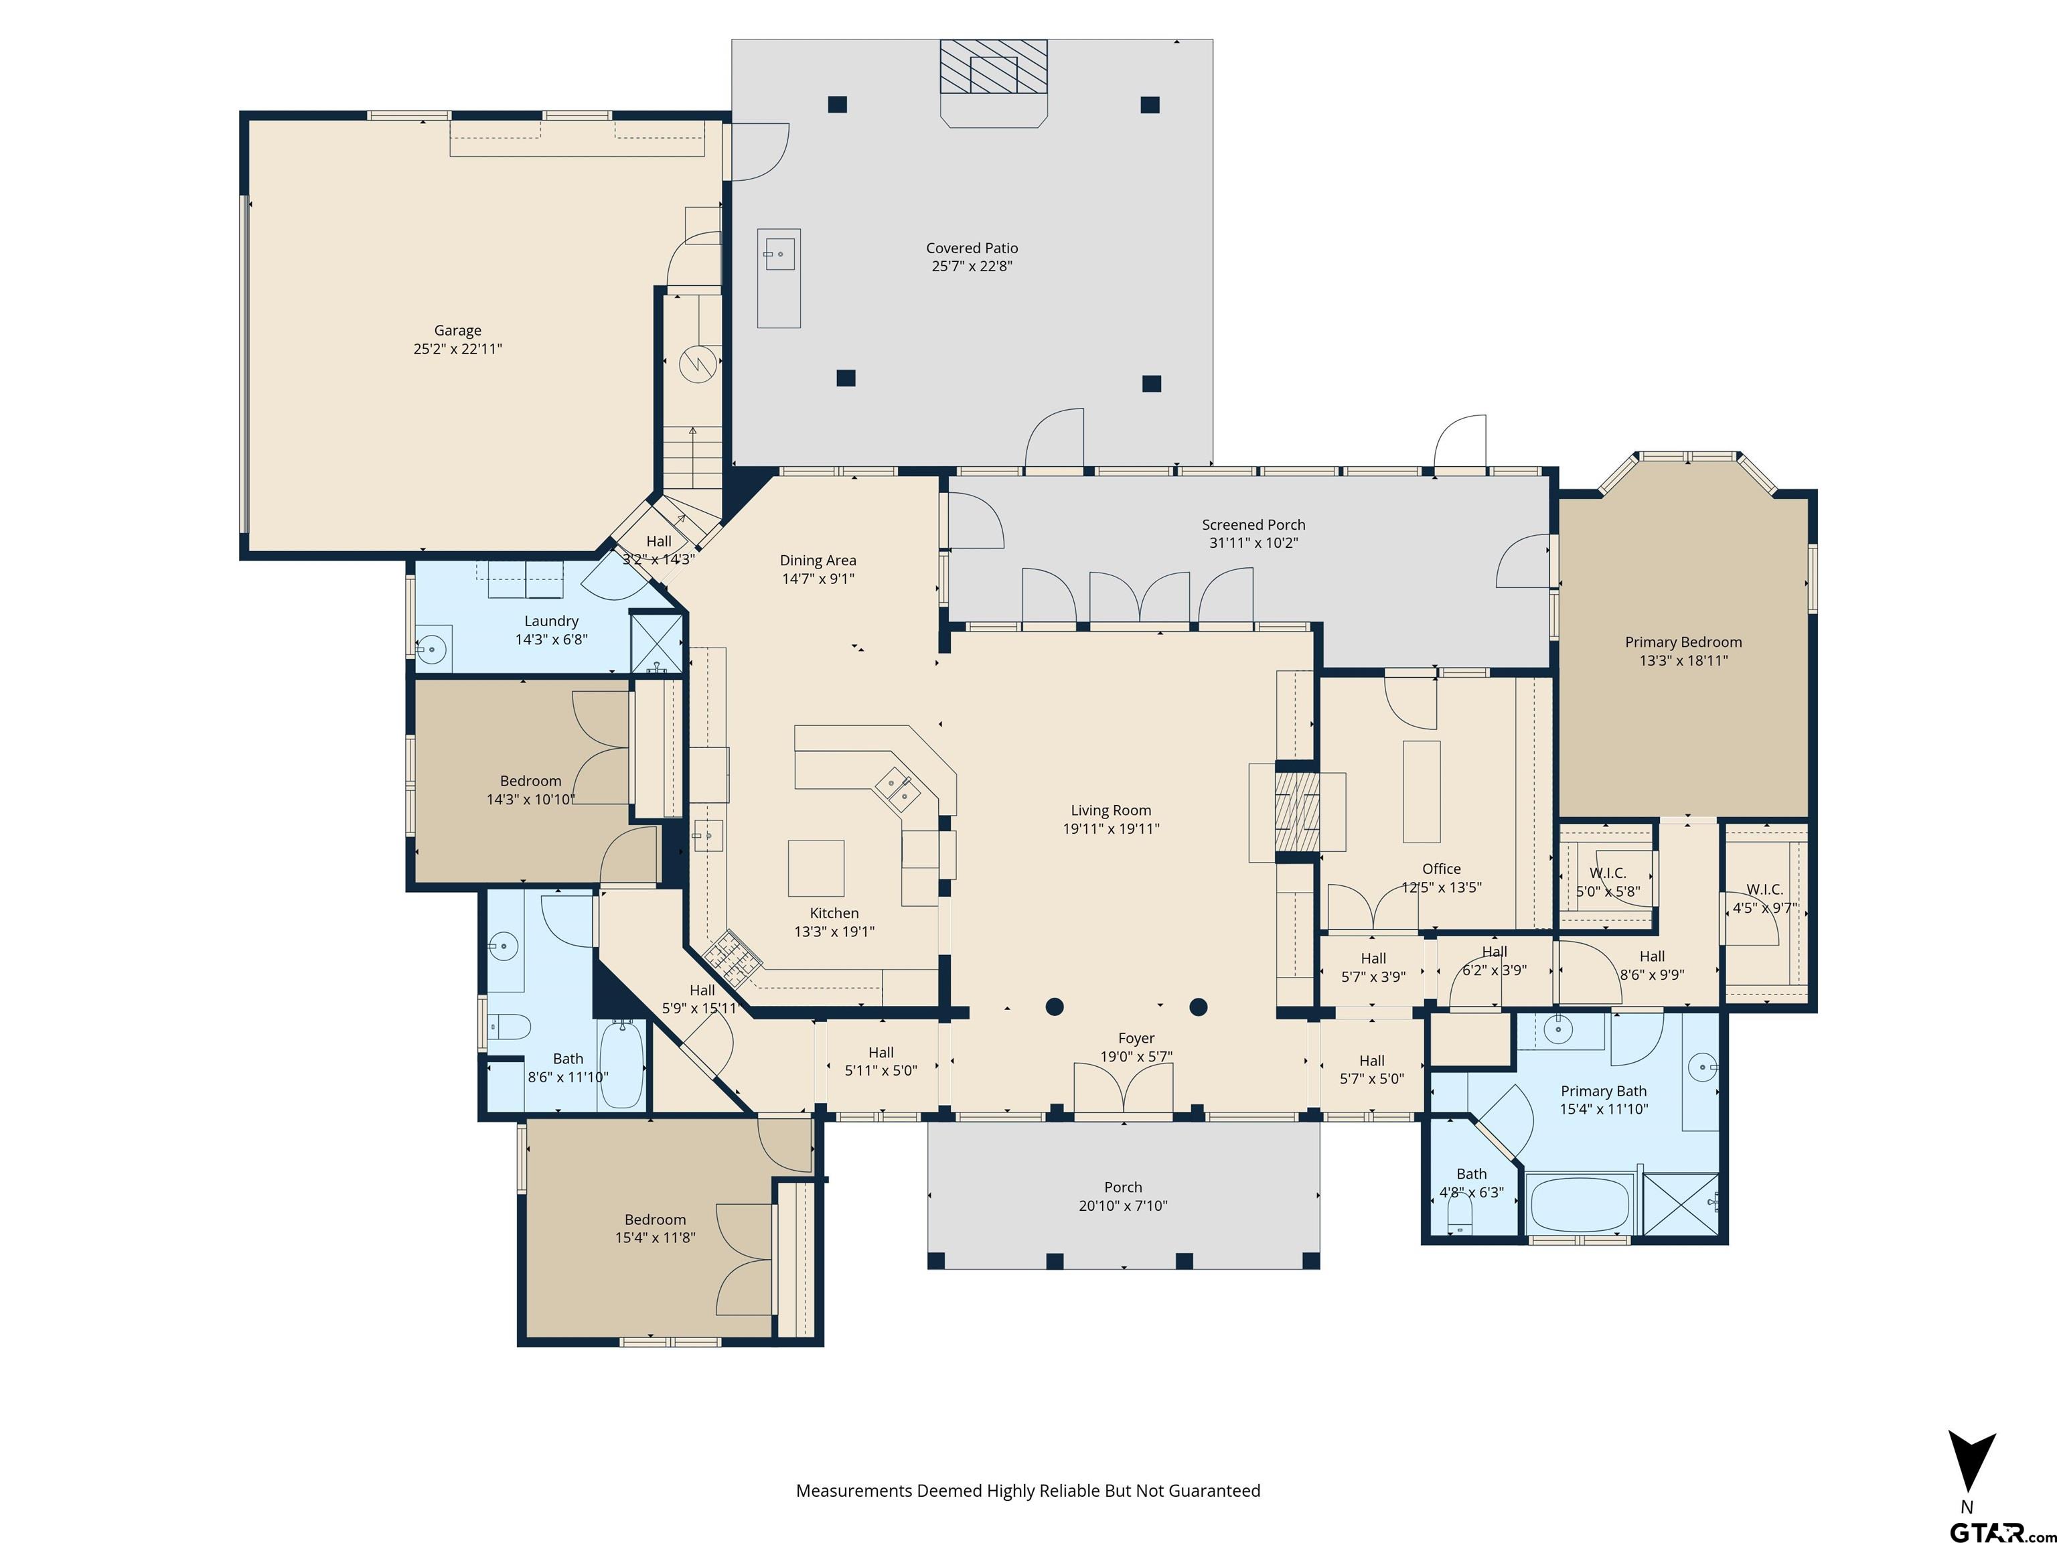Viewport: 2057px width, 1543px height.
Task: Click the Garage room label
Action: pyautogui.click(x=457, y=330)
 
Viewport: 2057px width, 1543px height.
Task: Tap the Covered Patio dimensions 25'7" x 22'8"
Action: pyautogui.click(x=972, y=266)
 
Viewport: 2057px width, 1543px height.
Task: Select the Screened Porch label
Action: pyautogui.click(x=1253, y=524)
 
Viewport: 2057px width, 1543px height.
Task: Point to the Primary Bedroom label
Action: pyautogui.click(x=1683, y=642)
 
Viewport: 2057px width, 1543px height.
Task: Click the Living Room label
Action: pyautogui.click(x=1110, y=811)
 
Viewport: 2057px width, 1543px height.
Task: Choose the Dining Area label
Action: pyautogui.click(x=818, y=560)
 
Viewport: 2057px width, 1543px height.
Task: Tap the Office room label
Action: pyautogui.click(x=1442, y=869)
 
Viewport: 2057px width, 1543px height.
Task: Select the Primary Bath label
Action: pyautogui.click(x=1603, y=1091)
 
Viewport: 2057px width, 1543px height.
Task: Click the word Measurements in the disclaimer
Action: pyautogui.click(x=854, y=1491)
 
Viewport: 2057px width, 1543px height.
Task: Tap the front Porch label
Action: pyautogui.click(x=1122, y=1187)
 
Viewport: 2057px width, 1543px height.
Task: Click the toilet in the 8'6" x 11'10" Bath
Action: pyautogui.click(x=509, y=1027)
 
